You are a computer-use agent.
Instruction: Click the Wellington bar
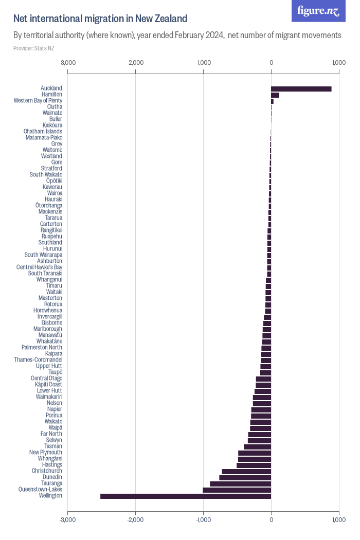185,496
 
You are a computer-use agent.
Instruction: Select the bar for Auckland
301,88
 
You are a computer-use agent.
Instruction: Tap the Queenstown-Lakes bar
237,490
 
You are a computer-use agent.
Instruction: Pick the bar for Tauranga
240,483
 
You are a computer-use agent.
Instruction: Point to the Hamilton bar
275,95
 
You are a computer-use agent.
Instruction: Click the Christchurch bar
246,471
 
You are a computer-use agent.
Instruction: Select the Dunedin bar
245,477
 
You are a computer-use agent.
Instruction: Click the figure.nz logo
319,11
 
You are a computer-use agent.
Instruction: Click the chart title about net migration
100,19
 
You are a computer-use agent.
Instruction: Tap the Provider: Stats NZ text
34,48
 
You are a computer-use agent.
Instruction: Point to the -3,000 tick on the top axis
67,63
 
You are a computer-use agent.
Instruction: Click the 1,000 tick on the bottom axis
338,520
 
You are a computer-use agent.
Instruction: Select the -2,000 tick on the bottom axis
135,520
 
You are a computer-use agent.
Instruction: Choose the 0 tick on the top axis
271,63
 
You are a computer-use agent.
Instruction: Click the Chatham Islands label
43,132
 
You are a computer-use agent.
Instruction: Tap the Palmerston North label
42,348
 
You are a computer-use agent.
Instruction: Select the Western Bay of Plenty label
38,101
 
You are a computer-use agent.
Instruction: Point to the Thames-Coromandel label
38,360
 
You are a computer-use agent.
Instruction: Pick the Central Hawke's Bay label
40,267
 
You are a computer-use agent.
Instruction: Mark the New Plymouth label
46,453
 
